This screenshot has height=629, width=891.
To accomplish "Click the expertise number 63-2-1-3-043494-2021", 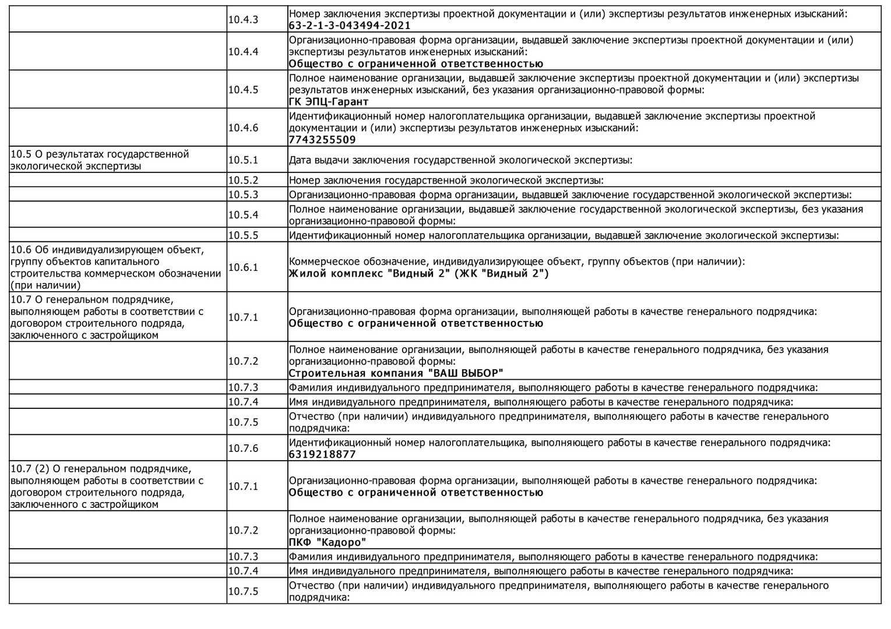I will click(x=350, y=26).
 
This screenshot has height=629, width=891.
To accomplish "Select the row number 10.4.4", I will click(x=243, y=51).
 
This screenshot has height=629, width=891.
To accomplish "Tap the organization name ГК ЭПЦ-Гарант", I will click(x=329, y=102).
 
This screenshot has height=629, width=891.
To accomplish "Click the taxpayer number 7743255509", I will click(x=322, y=140).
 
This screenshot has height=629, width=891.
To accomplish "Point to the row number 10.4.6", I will click(x=243, y=128).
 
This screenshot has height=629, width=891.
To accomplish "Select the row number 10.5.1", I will click(x=243, y=160).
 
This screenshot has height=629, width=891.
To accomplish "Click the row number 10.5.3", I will click(x=243, y=195).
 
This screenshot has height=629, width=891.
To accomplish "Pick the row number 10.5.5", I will click(x=243, y=235).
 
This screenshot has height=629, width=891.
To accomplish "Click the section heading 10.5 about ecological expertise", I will click(x=100, y=160).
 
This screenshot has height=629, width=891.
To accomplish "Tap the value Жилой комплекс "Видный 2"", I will click(x=418, y=274).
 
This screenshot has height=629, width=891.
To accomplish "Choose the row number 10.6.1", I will click(x=243, y=267).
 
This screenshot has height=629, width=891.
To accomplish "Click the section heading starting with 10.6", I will click(x=115, y=267).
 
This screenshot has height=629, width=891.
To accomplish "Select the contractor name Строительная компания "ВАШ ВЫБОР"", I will click(x=396, y=373).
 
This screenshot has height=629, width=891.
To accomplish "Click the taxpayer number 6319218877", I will click(x=322, y=454).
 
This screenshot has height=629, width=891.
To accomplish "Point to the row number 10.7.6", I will click(x=243, y=448).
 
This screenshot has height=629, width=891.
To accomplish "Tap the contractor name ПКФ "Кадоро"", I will click(x=327, y=542).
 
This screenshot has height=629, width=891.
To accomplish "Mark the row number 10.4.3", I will click(x=243, y=19).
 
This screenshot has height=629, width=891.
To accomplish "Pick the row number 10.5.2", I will click(x=243, y=180).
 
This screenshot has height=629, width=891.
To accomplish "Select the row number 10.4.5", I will click(x=243, y=90).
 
